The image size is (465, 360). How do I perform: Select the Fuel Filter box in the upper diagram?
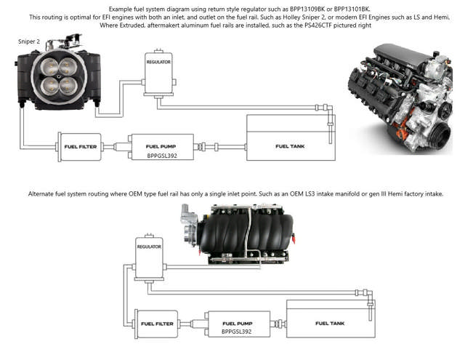tap(81, 146)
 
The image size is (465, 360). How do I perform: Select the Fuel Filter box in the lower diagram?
tap(155, 324)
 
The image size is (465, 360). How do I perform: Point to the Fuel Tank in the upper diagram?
tap(288, 138)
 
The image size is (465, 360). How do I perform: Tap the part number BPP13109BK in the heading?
tap(306, 8)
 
